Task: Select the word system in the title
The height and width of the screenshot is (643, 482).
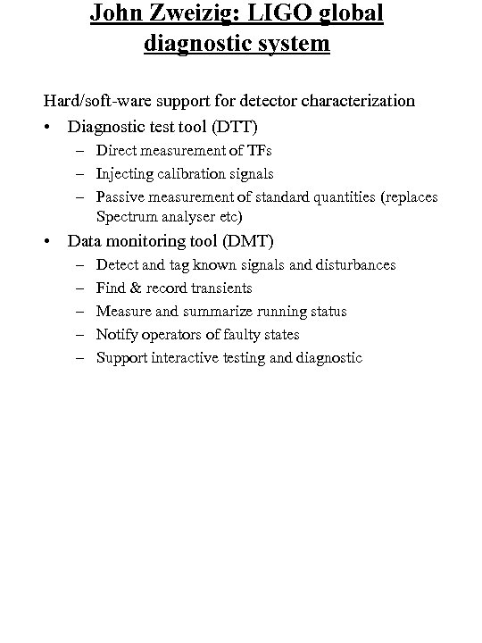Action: pyautogui.click(x=287, y=43)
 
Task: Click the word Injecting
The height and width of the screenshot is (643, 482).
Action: pyautogui.click(x=125, y=173)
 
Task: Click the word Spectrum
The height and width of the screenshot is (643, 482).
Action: pyautogui.click(x=126, y=217)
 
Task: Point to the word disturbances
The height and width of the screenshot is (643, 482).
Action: pyautogui.click(x=353, y=265)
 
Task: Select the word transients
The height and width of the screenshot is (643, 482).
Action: pyautogui.click(x=220, y=288)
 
